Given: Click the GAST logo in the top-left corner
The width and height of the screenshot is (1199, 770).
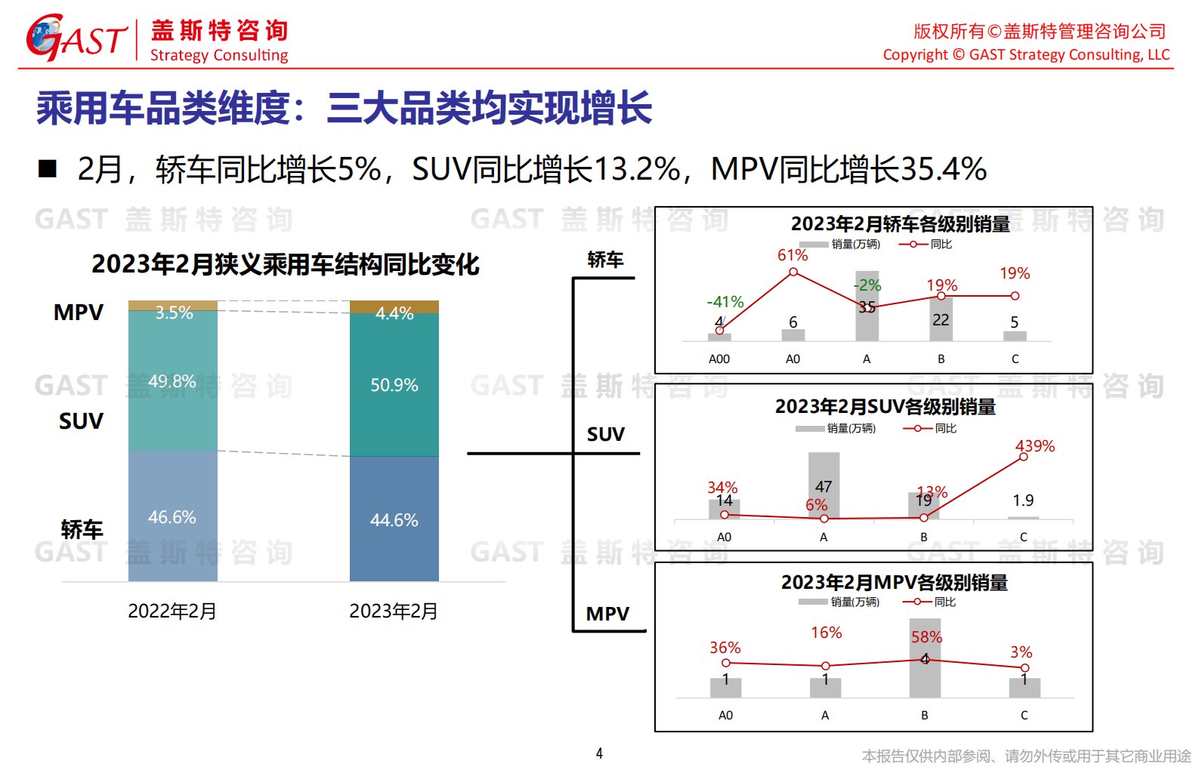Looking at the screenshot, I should coord(76,38).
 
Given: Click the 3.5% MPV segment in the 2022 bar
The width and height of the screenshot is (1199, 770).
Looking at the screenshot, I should coord(173,306).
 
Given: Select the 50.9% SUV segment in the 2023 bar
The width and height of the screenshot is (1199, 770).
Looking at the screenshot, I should coord(394,385).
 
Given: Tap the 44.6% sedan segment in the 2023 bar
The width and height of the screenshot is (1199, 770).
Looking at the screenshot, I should coord(394,520).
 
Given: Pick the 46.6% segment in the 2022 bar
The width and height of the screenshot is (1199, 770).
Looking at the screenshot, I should coord(172,517).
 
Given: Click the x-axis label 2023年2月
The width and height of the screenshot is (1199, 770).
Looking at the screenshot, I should coord(393,611).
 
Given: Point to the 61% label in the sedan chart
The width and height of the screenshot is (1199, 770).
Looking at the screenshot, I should coord(793,255).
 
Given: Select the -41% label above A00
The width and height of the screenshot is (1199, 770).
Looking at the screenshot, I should coord(725,302).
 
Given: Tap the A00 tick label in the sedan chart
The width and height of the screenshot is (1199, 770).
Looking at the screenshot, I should coord(718,359).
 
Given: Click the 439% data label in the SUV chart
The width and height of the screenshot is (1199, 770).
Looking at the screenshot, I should coord(1034,446).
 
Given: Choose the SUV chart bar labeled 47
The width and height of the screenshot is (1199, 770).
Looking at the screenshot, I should coord(824,483).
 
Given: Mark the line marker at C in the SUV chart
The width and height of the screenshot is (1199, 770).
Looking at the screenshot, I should coord(1023,457).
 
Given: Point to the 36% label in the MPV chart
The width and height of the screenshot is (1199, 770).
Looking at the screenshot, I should coord(725,648).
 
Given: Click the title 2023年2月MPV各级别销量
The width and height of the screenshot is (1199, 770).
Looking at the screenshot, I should coord(894,583).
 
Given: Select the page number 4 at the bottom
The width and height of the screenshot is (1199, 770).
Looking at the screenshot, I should coord(599,753).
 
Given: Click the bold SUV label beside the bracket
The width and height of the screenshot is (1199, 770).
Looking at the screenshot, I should coord(606,434).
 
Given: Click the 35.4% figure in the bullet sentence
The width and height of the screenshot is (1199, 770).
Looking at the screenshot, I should coord(943,169).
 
